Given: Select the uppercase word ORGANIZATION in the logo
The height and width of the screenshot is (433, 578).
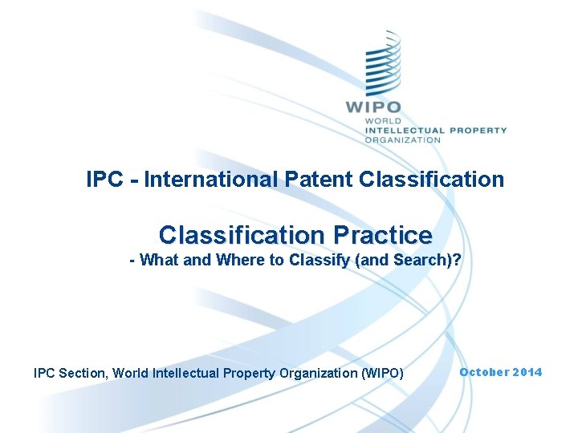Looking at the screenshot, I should click(x=402, y=140).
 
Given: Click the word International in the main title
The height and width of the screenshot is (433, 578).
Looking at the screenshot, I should click(x=205, y=179).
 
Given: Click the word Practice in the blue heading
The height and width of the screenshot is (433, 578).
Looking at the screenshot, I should click(x=379, y=235).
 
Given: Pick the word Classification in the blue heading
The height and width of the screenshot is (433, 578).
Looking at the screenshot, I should click(x=238, y=235).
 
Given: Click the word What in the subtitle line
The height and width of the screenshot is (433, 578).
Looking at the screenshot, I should click(x=160, y=261).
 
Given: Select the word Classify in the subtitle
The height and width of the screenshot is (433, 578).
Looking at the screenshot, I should click(x=311, y=261).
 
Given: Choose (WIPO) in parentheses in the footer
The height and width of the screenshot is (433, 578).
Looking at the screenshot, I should click(x=383, y=372).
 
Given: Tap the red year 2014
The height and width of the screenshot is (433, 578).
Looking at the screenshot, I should click(x=527, y=372).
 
